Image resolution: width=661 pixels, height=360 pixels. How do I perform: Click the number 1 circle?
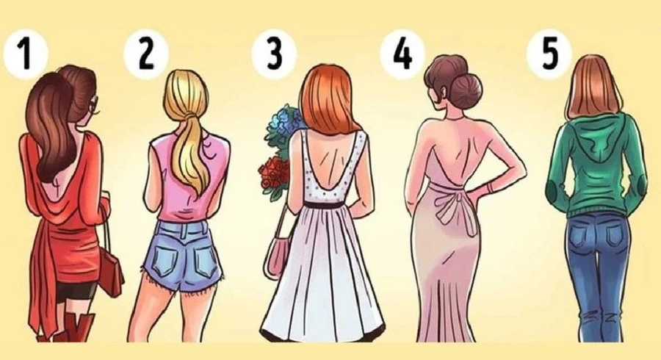tap(25, 55)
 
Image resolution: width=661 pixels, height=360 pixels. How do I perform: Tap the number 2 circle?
tap(146, 55)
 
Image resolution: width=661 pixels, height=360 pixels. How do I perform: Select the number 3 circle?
tap(275, 55)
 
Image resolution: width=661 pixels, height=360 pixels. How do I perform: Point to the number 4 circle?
tap(402, 54)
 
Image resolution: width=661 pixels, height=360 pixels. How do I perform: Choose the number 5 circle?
tap(549, 54)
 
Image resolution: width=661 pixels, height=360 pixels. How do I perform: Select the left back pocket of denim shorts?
tap(166, 256)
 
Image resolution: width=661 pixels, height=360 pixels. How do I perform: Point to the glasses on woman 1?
tap(96, 106)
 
